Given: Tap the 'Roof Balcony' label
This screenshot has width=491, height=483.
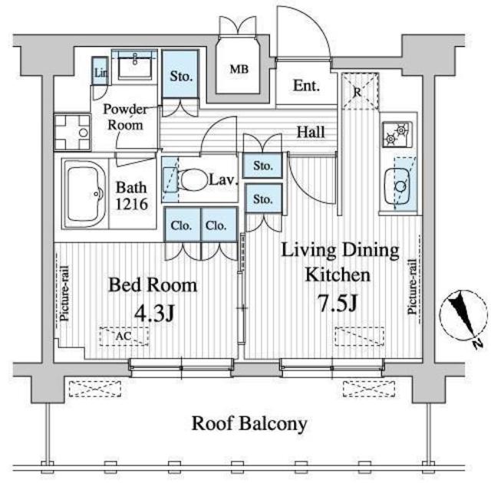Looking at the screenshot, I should (249, 422).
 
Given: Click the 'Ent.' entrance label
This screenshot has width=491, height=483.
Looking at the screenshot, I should (305, 86).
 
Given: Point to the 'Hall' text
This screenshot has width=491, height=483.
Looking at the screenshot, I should (311, 133).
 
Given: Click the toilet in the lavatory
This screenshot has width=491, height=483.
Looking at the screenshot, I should (193, 179).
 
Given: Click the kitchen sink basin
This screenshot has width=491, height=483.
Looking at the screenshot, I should (399, 185).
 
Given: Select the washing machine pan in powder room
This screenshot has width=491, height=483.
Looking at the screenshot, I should (72, 133).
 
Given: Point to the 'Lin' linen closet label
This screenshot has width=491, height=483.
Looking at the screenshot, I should (100, 74).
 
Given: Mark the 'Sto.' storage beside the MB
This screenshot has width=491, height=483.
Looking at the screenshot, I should (180, 76).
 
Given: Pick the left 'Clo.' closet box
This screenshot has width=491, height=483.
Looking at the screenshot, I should (182, 226).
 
